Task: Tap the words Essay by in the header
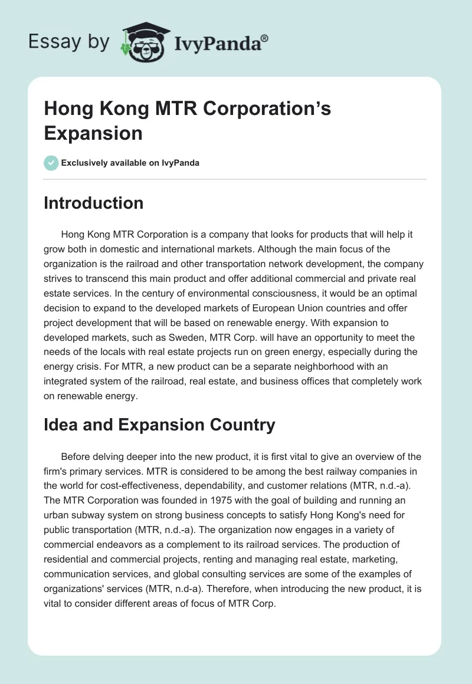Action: point(68,42)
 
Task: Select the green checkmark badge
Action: point(51,163)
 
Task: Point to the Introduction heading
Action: point(93,203)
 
